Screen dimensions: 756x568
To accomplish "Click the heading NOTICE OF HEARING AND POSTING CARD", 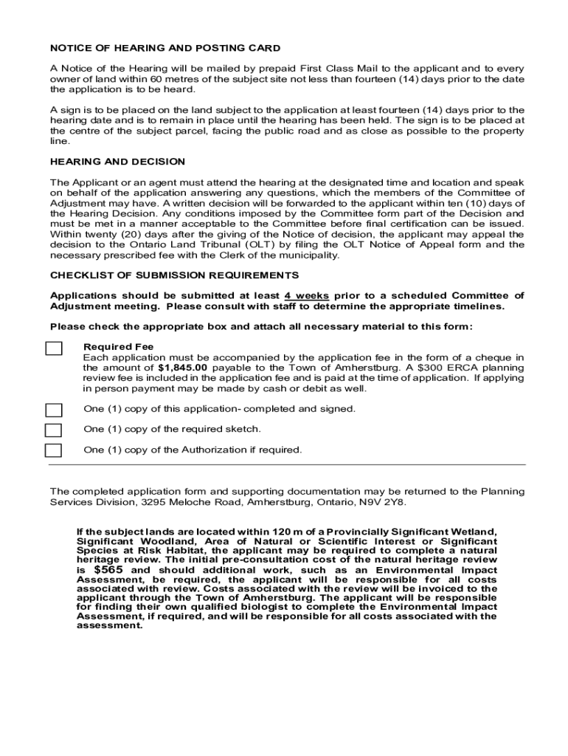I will pyautogui.click(x=164, y=48).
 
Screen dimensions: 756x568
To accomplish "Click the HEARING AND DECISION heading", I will pyautogui.click(x=117, y=162).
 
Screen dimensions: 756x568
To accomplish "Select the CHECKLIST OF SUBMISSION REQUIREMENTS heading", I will pyautogui.click(x=174, y=275).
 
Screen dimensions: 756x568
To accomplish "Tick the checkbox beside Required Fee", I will pyautogui.click(x=54, y=348).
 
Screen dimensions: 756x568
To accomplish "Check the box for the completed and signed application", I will pyautogui.click(x=54, y=410).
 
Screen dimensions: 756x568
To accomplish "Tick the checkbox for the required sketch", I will pyautogui.click(x=54, y=430).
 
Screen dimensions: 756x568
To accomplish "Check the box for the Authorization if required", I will pyautogui.click(x=54, y=450).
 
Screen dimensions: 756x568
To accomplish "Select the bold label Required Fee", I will pyautogui.click(x=119, y=346).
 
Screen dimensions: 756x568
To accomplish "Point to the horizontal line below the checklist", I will pyautogui.click(x=287, y=465).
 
